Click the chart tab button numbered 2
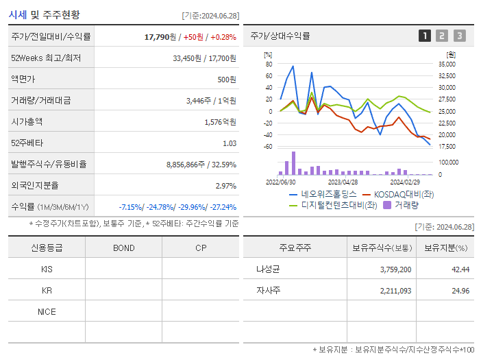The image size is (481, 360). pos(442,36)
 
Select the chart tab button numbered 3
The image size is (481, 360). pos(459,36)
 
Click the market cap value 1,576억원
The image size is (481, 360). pos(220,122)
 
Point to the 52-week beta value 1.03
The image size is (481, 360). pos(230,143)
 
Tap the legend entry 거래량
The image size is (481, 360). pos(406,204)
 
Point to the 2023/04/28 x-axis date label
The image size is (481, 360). pos(343,182)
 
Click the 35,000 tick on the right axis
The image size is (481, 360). pos(447,64)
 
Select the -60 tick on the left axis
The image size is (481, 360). pos(267,147)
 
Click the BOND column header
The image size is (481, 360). pos(123,248)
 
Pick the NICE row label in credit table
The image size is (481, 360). pos(47,311)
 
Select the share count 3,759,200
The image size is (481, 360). pos(395,269)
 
